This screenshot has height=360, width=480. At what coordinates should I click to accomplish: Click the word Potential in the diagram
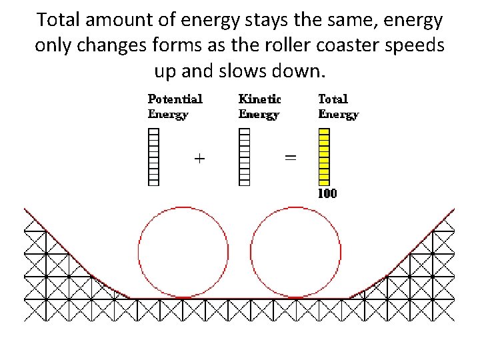[175, 99]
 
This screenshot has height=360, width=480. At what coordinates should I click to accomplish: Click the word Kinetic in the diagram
[259, 99]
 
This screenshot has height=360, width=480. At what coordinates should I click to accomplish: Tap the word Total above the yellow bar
[333, 99]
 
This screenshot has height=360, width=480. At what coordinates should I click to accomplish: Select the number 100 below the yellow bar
[327, 194]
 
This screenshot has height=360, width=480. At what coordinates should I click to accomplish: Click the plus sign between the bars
[199, 159]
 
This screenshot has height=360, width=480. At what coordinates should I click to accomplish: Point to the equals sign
[290, 159]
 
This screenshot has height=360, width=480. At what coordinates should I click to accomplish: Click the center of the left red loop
[183, 252]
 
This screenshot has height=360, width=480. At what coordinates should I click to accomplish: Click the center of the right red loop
[295, 252]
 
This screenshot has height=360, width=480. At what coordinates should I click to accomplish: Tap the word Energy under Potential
[167, 114]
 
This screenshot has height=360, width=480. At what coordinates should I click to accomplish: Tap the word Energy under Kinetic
[259, 114]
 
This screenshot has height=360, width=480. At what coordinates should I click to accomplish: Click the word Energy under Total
[338, 114]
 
